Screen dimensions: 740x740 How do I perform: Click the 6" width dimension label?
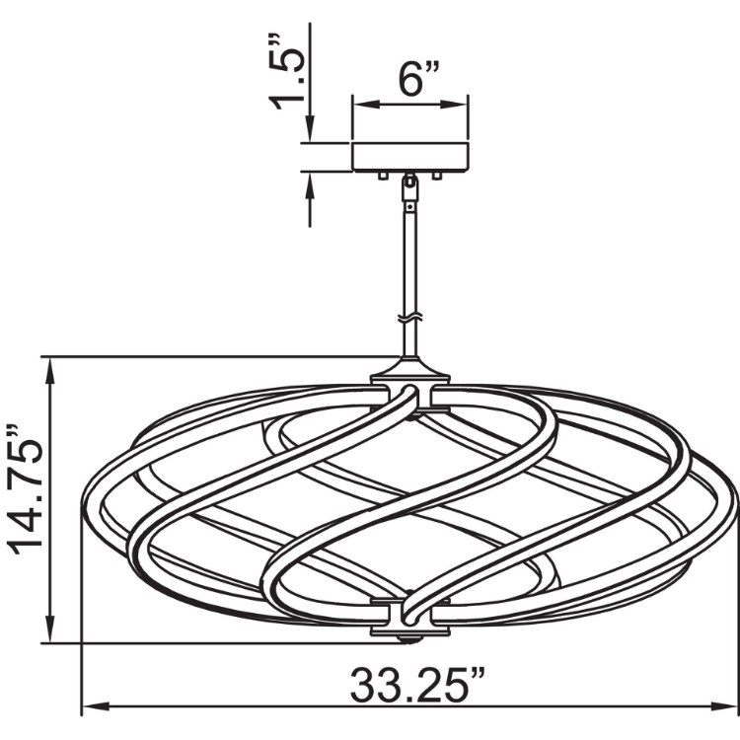click(411, 79)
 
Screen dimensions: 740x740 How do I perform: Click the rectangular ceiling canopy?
click(410, 157)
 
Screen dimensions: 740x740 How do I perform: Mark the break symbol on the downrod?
click(410, 321)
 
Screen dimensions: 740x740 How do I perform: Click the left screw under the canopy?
click(381, 175)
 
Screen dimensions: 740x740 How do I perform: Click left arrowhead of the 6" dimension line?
click(358, 104)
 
